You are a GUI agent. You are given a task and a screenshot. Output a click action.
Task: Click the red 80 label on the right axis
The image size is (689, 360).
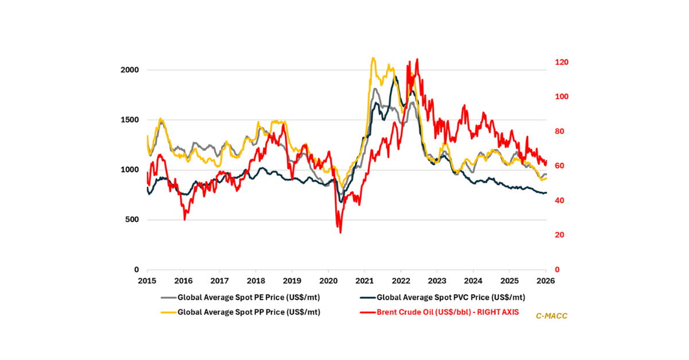click(557, 131)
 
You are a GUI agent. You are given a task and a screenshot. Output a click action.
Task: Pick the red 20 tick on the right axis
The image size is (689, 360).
click(557, 235)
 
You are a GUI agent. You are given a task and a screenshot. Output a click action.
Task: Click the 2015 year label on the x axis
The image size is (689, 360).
click(147, 281)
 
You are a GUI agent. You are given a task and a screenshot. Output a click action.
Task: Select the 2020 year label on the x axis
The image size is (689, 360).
click(328, 281)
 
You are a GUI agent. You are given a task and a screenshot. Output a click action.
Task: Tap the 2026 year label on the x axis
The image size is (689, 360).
click(545, 281)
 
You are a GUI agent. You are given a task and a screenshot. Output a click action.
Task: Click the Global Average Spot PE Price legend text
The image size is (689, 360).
click(242, 297)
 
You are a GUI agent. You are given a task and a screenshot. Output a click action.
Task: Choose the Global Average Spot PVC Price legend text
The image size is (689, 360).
click(451, 297)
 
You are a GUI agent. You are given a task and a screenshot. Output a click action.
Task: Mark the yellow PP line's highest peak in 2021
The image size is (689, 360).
click(373, 58)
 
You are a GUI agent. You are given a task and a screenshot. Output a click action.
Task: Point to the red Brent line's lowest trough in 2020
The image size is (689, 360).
click(340, 233)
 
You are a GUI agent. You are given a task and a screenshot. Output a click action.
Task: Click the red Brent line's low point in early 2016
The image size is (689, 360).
click(184, 219)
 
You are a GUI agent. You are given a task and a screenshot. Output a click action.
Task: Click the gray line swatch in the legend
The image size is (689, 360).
click(168, 297)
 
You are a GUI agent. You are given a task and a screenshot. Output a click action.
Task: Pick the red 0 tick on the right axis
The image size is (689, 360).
click(555, 270)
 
